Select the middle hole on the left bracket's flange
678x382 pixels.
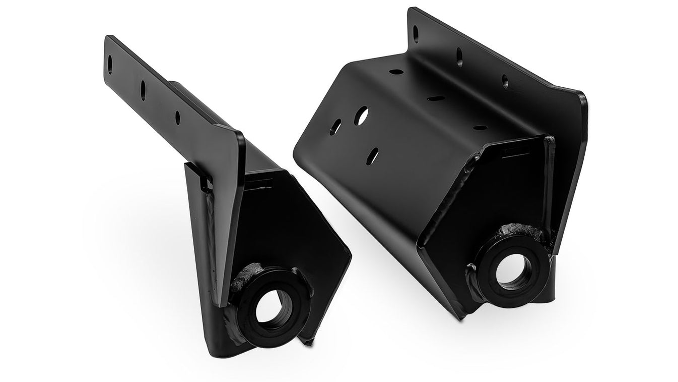coord(143,90)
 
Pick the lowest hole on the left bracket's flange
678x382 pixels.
coord(177,118)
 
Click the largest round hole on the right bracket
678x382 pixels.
coord(361,116)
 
